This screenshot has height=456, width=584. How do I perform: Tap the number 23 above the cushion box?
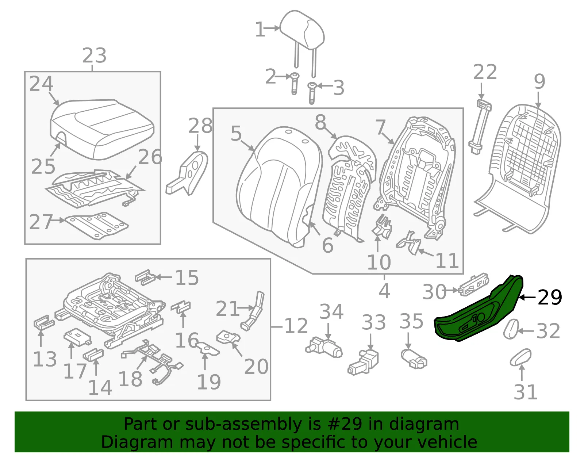[94, 55]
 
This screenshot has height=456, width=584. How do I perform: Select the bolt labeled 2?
[295, 84]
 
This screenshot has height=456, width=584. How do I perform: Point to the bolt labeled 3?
[312, 93]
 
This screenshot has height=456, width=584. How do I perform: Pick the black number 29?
[550, 297]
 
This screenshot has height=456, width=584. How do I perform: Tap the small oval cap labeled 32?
[511, 329]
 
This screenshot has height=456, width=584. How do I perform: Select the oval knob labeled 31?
[520, 357]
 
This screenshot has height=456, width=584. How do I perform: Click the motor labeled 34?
[324, 348]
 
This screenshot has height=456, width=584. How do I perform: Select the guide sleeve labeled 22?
[480, 127]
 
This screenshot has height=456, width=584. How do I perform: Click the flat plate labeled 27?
[97, 225]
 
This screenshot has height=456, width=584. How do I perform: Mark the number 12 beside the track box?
[296, 326]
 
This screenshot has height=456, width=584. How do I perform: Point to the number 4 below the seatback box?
[384, 291]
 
